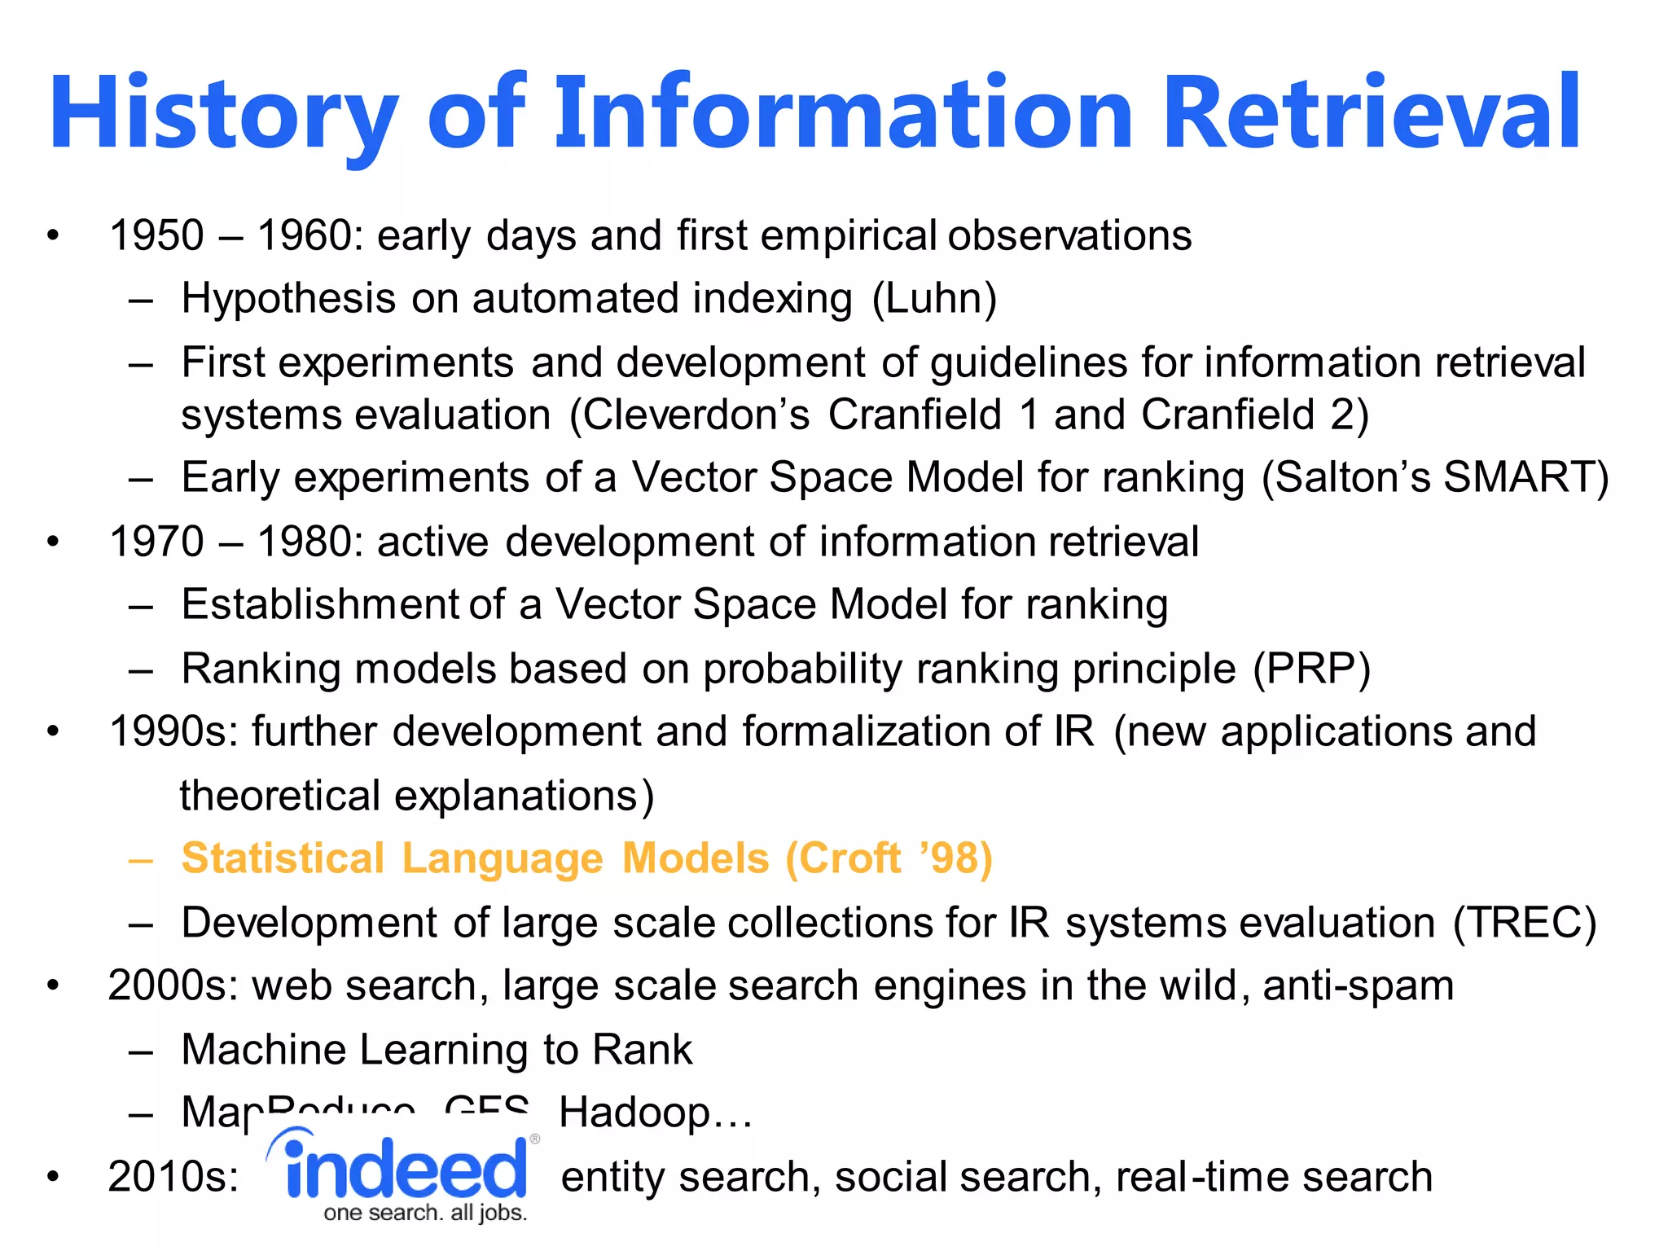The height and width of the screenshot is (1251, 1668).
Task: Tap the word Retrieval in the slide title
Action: point(1372,114)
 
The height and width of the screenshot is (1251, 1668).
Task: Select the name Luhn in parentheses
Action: point(934,298)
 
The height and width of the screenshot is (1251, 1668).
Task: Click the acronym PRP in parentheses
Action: point(1311,669)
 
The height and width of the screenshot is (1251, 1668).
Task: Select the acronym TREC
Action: point(1525,923)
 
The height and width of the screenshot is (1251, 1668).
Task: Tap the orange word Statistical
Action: point(283,858)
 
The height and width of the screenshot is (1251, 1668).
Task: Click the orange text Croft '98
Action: point(889,858)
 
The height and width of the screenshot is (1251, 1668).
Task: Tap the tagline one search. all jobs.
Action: point(425,1214)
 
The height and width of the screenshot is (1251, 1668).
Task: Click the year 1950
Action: point(156,236)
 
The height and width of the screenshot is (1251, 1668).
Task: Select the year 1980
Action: point(305,542)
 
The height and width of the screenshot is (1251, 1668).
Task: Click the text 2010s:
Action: point(173,1177)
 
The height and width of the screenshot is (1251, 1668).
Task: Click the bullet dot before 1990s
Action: point(53,731)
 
